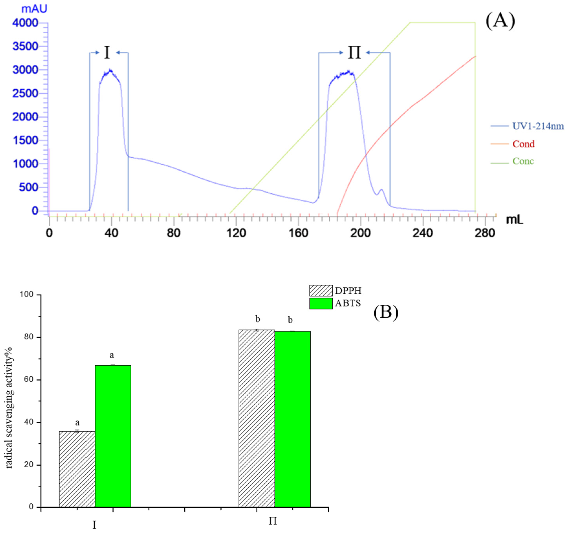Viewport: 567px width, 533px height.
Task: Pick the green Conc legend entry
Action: (523, 161)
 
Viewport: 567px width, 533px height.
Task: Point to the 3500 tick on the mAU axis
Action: (25, 47)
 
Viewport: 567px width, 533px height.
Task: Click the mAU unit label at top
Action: (34, 9)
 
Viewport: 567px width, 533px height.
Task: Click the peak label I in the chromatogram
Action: (107, 53)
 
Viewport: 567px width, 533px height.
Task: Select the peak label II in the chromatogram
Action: (354, 53)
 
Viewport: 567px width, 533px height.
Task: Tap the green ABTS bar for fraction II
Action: (293, 419)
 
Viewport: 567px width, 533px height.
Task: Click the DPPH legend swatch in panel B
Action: (321, 291)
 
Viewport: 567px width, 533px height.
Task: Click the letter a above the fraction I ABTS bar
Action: (112, 355)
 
